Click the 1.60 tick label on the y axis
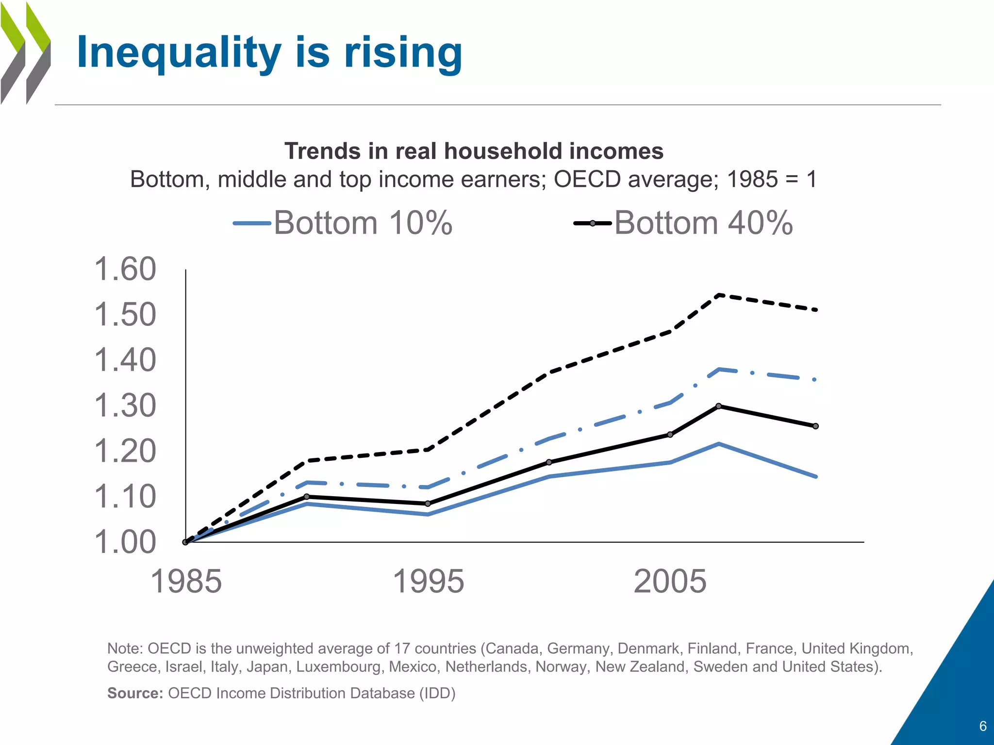tap(125, 269)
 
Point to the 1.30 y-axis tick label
tap(125, 406)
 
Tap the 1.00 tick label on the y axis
tap(125, 542)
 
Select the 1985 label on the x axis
tap(186, 582)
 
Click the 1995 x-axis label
tap(428, 582)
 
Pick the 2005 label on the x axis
tap(670, 582)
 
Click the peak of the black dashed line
tap(719, 295)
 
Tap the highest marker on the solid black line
tap(719, 406)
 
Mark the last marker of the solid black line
tap(816, 426)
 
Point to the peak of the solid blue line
tap(719, 444)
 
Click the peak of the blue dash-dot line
tap(719, 370)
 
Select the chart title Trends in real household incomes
tap(474, 151)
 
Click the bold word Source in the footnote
tap(134, 693)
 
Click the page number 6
tap(983, 726)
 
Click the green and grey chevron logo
tap(25, 53)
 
